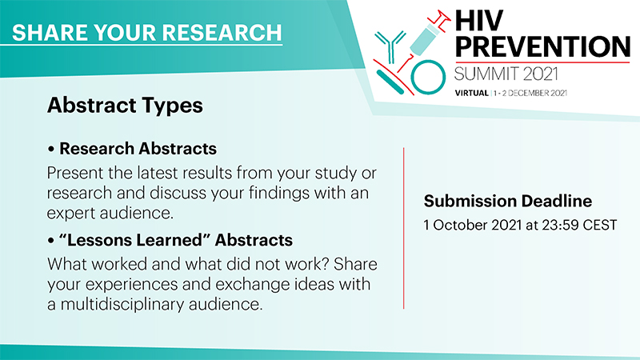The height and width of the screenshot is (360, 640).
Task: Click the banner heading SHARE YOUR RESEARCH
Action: [147, 33]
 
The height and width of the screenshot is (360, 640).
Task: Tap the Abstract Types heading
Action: [125, 106]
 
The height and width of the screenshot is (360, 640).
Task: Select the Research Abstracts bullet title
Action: [138, 149]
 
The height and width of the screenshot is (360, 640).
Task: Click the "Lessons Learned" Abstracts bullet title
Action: [176, 240]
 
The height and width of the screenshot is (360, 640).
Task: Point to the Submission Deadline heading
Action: [508, 201]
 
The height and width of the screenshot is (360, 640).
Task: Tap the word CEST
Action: [599, 225]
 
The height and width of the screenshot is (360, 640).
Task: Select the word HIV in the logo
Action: [479, 21]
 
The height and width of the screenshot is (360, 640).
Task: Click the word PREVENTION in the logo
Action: [542, 46]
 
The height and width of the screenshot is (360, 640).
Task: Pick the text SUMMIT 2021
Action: [506, 74]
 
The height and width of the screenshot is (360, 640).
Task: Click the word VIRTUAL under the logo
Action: [472, 93]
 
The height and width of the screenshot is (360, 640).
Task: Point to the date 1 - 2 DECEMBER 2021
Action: [530, 93]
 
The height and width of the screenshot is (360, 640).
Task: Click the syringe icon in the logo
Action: [425, 39]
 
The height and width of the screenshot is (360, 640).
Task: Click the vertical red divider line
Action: [404, 228]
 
